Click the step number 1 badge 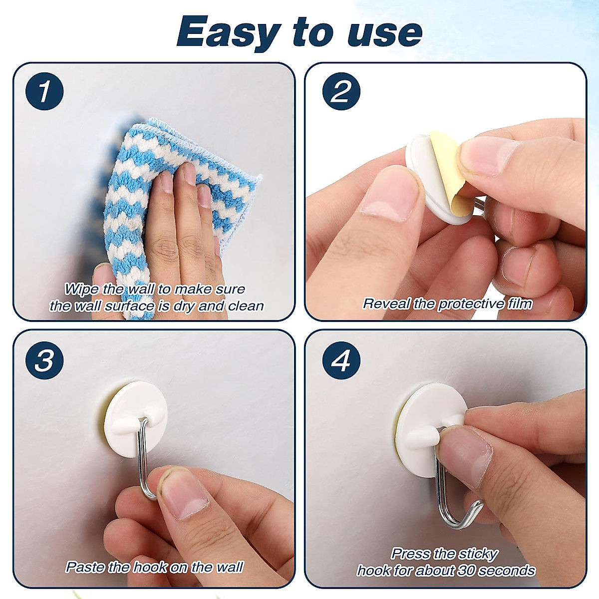click(44, 91)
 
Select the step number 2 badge click(341, 91)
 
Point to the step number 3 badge click(44, 360)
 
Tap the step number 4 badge click(341, 360)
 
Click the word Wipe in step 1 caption click(81, 289)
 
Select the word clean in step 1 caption click(246, 306)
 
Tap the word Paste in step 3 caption click(85, 567)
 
